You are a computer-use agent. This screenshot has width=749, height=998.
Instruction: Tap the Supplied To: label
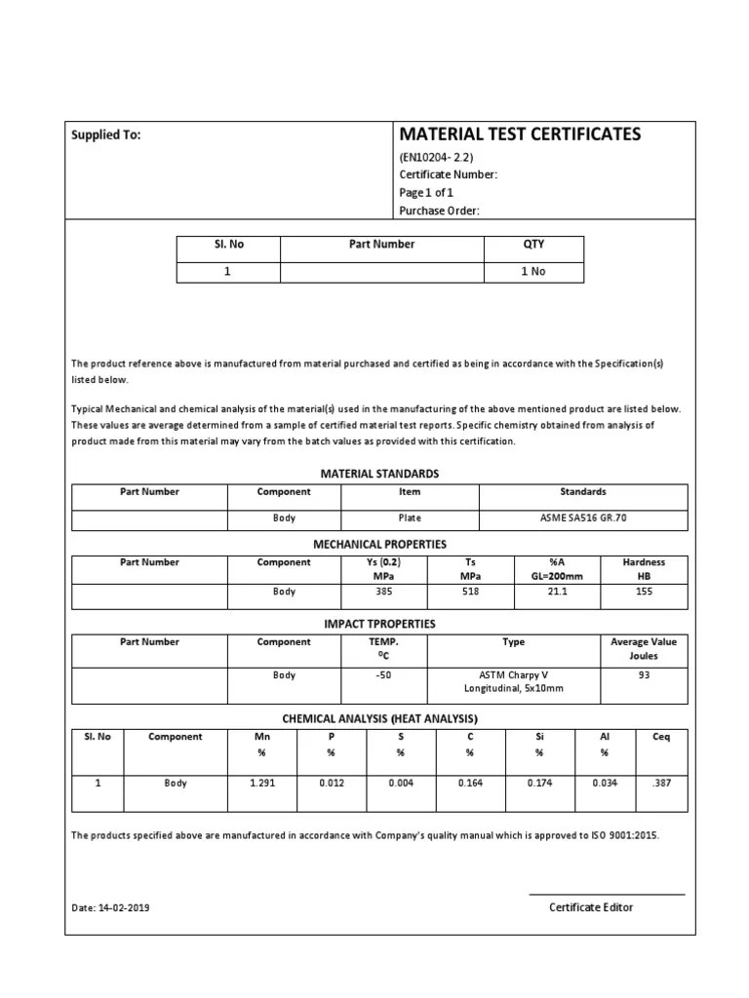(106, 135)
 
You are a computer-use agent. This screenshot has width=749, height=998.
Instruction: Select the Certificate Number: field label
(449, 174)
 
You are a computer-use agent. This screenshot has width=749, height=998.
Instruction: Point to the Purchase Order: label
(440, 211)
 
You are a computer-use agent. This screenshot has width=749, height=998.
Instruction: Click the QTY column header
(533, 245)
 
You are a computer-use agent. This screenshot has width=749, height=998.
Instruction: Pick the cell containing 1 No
(533, 271)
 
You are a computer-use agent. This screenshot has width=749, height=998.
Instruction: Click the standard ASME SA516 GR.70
(583, 518)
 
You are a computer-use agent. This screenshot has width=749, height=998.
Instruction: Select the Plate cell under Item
(410, 518)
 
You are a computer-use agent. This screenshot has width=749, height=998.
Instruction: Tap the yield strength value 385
(383, 592)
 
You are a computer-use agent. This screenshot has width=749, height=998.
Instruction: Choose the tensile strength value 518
(470, 592)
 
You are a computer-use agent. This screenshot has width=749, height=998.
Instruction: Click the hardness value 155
(644, 592)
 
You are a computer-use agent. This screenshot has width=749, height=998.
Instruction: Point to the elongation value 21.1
(557, 592)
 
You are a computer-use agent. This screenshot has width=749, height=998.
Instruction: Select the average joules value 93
(644, 675)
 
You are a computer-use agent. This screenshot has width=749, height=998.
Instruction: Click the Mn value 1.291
(261, 783)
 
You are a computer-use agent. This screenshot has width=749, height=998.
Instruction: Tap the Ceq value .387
(660, 783)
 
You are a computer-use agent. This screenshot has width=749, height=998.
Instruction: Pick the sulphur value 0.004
(400, 783)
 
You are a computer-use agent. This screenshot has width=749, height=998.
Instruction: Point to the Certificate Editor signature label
(591, 907)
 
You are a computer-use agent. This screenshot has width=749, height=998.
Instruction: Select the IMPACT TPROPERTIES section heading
(379, 624)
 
